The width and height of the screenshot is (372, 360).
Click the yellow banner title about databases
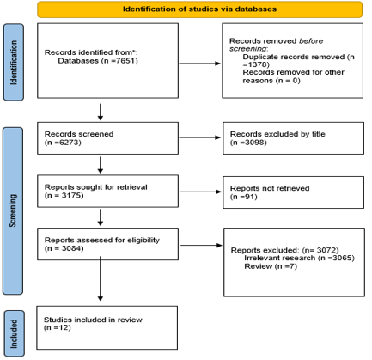(x=199, y=9)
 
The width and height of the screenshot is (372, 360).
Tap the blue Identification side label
(x=14, y=62)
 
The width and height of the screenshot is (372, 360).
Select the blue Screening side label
(x=13, y=211)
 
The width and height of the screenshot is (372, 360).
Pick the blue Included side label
(x=14, y=333)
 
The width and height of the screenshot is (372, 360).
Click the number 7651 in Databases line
(x=127, y=61)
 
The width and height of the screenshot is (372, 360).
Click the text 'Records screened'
(x=79, y=134)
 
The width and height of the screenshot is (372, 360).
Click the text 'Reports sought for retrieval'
(x=96, y=187)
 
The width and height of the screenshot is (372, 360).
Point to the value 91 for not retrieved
(x=250, y=197)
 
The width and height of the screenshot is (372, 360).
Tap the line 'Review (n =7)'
(x=271, y=266)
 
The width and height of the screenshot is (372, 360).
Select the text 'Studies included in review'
(x=93, y=320)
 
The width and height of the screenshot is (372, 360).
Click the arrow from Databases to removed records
(x=200, y=64)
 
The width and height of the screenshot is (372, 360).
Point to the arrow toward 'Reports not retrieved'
(x=200, y=192)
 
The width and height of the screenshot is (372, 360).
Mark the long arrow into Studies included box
(x=101, y=278)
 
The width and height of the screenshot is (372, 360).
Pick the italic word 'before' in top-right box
(x=311, y=41)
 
